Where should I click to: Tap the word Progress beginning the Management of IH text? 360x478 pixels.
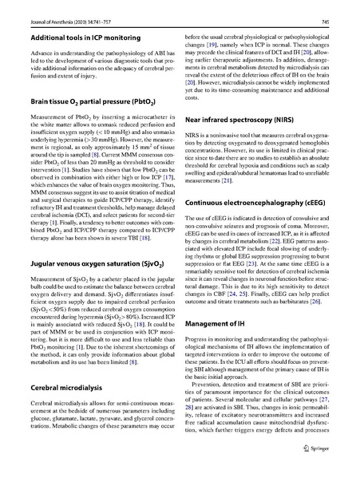point(199,341)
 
